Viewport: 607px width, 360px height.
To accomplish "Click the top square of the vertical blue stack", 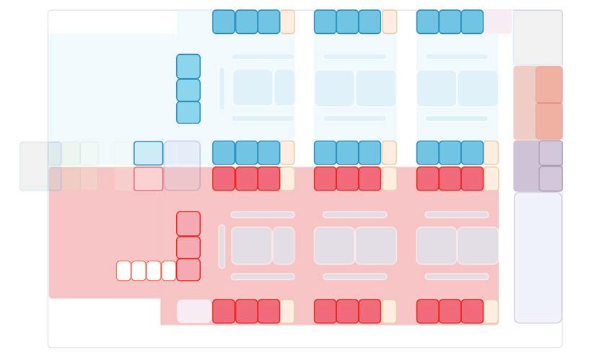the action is coord(188,66).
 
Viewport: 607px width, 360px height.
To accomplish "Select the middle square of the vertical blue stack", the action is coord(188,90).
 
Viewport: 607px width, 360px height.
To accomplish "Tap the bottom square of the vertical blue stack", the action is coord(188,113).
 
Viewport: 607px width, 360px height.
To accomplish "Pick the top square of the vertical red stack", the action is coord(188,224).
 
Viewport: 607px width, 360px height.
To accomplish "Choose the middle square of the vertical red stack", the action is coord(188,247).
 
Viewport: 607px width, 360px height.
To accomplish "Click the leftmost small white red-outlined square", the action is coord(123,271).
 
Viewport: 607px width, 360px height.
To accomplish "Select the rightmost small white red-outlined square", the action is coord(169,271).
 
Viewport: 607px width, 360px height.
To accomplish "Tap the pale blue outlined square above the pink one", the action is coord(148,153).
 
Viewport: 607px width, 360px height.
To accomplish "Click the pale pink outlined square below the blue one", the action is coord(148,179).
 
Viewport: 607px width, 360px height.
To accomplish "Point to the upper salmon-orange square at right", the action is coord(549,84).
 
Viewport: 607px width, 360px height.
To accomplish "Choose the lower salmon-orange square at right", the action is coord(549,120).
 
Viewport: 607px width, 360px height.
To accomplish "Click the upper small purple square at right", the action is coord(551,153).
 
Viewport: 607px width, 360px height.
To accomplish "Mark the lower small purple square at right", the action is coord(551,179).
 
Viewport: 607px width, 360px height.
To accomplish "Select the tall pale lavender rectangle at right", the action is coord(538,258).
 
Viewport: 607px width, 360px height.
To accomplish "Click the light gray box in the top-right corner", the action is coord(538,38).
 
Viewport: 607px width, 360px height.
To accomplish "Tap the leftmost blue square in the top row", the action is coord(224,22).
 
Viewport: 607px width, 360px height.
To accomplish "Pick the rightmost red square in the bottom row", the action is coord(472,312).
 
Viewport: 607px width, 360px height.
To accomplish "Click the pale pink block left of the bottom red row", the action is coord(194,312).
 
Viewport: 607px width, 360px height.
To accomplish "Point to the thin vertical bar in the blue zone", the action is coord(222,89).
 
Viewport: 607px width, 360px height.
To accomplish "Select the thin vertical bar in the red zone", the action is coord(222,246).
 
